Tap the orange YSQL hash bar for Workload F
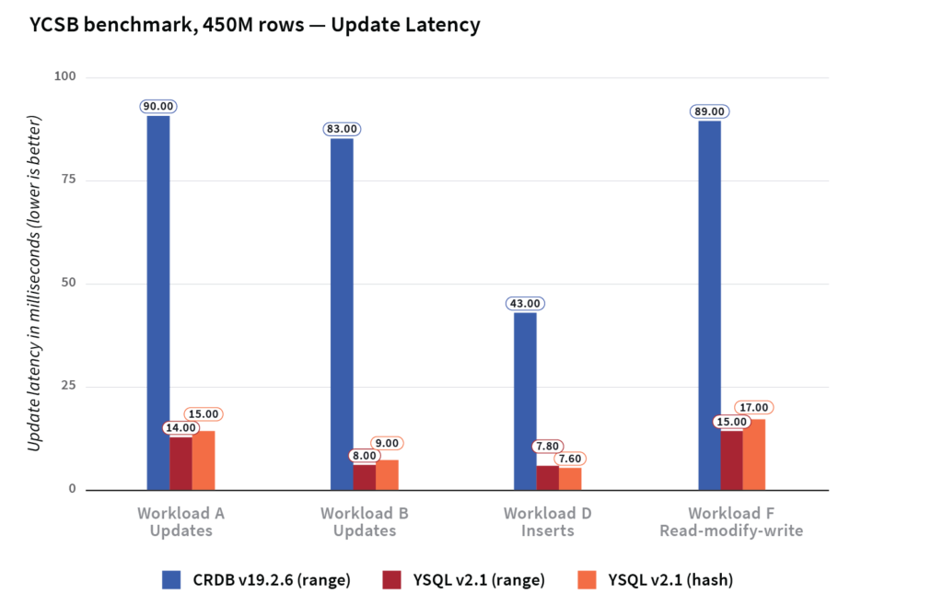754,455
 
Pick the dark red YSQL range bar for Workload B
365,477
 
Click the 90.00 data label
157,107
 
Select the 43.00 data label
525,304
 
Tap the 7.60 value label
569,459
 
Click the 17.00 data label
753,408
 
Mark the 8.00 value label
364,455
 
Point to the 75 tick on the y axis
67,180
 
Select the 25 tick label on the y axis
67,387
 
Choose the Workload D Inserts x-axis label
547,522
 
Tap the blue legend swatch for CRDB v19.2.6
172,579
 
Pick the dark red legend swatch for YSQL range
390,579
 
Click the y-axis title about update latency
34,284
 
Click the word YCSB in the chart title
51,25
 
